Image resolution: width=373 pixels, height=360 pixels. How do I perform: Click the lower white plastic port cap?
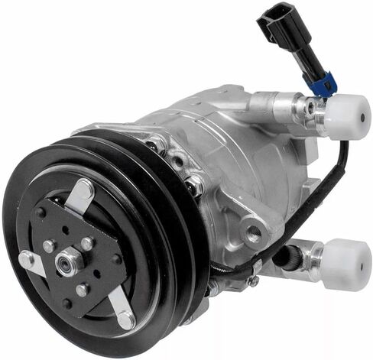pyautogui.click(x=345, y=264)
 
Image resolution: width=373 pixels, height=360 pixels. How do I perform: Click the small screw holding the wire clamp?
pyautogui.click(x=253, y=281)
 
